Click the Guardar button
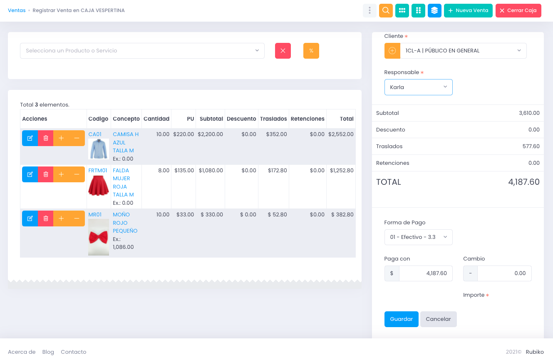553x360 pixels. click(x=401, y=319)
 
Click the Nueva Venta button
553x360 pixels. click(x=468, y=10)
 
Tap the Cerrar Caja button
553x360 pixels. click(x=518, y=10)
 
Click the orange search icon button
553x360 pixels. click(x=386, y=10)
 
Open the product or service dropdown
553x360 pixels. click(x=142, y=51)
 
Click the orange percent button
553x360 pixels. click(x=311, y=51)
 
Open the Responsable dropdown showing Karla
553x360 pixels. click(x=418, y=87)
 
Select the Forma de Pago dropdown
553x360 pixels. click(x=418, y=237)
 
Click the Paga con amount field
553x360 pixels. click(x=425, y=273)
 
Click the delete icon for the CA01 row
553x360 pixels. click(x=46, y=138)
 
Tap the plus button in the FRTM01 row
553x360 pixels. click(x=61, y=174)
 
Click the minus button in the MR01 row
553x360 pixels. click(x=77, y=218)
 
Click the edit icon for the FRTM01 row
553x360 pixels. click(x=30, y=174)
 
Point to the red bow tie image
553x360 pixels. click(x=99, y=237)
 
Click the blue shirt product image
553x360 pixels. click(x=99, y=149)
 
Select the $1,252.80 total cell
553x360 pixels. click(x=341, y=171)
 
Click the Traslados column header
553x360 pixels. click(x=273, y=119)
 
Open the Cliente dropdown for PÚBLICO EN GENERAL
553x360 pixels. click(x=463, y=51)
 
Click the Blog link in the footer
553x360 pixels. click(x=48, y=352)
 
